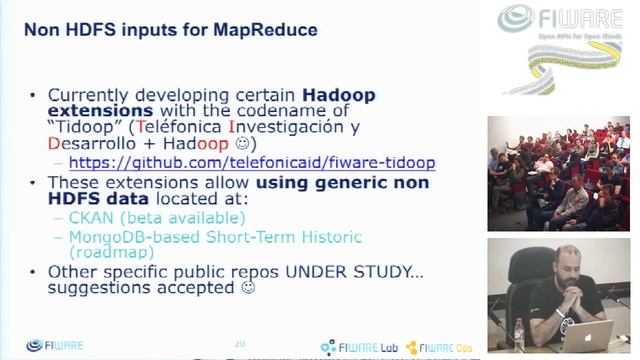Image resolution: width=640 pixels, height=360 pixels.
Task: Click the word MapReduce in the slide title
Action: pos(265,30)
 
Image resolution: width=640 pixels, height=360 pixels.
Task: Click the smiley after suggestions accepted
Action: pos(247,289)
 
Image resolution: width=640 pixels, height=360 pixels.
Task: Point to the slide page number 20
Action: pos(240,344)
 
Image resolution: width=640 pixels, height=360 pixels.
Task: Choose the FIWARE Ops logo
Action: pos(441,346)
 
